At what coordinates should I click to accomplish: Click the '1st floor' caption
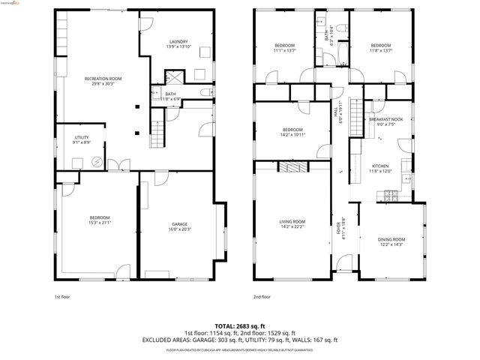coord(62,296)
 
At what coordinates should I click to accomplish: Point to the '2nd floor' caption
coord(262,296)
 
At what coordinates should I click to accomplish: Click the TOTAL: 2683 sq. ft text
coord(239,325)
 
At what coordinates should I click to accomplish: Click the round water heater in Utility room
coord(97,160)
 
